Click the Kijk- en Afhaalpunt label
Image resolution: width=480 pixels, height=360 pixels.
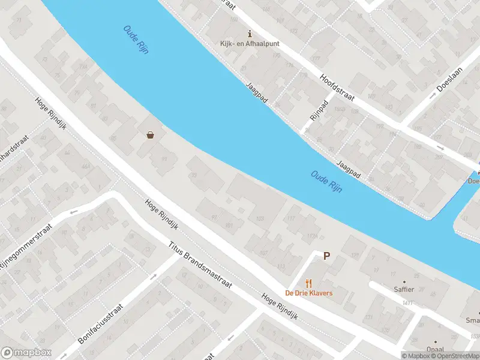(249, 44)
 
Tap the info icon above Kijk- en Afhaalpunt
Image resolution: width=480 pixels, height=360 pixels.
(250, 34)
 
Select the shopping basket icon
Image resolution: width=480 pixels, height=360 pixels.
(149, 135)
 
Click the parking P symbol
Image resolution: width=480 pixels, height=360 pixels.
(327, 256)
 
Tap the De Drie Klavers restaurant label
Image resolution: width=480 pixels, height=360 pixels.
(308, 293)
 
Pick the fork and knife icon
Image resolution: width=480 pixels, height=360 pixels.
(309, 283)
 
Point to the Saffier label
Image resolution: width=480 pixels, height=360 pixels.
(404, 289)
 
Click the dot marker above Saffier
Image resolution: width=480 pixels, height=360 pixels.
(404, 281)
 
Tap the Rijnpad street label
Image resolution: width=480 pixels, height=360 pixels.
(317, 109)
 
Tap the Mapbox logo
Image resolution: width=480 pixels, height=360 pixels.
(26, 353)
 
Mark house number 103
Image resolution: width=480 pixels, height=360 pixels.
(260, 219)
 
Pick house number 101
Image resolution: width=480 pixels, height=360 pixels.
(228, 226)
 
